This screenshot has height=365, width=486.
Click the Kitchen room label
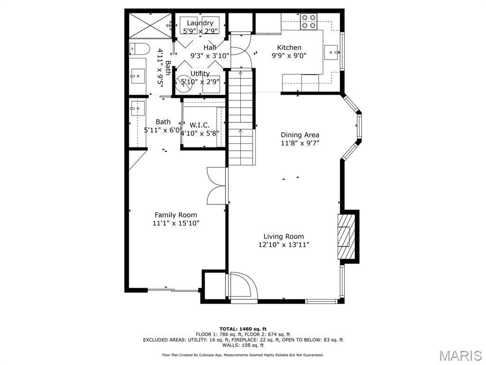tap(289, 48)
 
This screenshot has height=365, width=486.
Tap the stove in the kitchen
tap(308, 21)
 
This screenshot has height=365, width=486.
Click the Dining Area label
tap(299, 134)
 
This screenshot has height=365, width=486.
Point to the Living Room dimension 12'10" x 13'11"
tap(284, 245)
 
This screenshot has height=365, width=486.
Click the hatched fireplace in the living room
tap(346, 236)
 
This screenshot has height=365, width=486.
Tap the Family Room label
tap(176, 215)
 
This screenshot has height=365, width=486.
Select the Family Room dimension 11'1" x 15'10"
tap(176, 223)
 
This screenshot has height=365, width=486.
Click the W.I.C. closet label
tap(199, 125)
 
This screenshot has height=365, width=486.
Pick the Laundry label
tap(200, 23)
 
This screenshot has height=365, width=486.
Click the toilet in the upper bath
tap(139, 48)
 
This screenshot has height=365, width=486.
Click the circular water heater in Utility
tap(183, 82)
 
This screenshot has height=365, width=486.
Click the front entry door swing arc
tap(244, 285)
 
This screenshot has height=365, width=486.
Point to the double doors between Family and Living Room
tap(216, 186)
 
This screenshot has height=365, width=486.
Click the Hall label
tap(210, 48)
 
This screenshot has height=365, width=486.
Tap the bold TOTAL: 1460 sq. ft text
tap(243, 329)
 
